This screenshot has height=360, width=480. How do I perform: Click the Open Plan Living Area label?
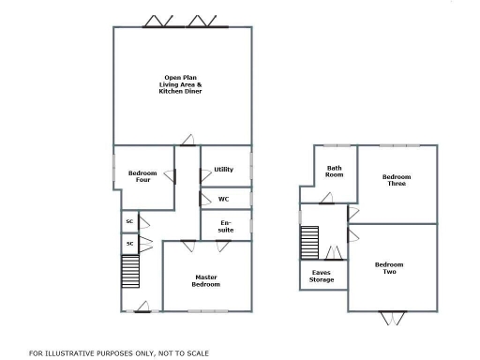point(180,84)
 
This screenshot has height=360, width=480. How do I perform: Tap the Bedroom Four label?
point(140,175)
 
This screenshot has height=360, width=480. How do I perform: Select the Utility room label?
point(223,170)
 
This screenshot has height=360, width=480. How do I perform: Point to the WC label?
point(223,199)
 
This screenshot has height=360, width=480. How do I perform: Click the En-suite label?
point(226,225)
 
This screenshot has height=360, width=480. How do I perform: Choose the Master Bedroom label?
point(206,280)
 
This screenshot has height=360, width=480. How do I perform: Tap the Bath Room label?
point(334,171)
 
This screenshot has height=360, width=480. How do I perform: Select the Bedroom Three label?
point(397,180)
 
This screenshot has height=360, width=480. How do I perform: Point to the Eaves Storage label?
point(322,276)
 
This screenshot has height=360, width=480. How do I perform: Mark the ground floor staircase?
point(129,275)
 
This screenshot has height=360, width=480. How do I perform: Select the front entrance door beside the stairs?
point(142,307)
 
